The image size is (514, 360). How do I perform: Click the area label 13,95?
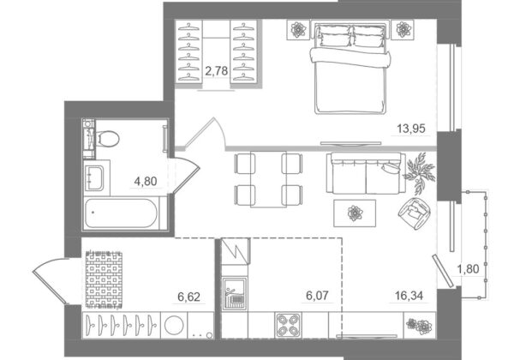[411, 129]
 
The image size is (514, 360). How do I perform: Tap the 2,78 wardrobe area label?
[217, 70]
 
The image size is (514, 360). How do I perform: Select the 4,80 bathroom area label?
[146, 181]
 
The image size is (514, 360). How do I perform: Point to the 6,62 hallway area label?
[188, 297]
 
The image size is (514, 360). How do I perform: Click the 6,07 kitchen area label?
[317, 296]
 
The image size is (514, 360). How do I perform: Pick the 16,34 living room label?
[409, 296]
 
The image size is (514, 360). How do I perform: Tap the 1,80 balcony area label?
[468, 269]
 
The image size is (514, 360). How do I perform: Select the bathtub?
[122, 213]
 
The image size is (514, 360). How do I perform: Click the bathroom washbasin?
[94, 178]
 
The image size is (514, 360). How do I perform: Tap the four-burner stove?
[288, 325]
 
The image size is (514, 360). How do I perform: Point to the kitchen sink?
[235, 293]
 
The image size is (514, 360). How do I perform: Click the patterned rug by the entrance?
[104, 279]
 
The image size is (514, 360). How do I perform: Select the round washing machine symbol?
[174, 325]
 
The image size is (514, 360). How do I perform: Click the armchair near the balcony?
[414, 213]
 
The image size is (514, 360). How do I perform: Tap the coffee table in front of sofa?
[355, 213]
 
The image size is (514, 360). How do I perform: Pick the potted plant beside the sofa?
[420, 173]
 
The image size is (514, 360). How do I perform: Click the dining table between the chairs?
[268, 179]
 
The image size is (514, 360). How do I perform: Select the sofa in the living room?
[366, 173]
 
